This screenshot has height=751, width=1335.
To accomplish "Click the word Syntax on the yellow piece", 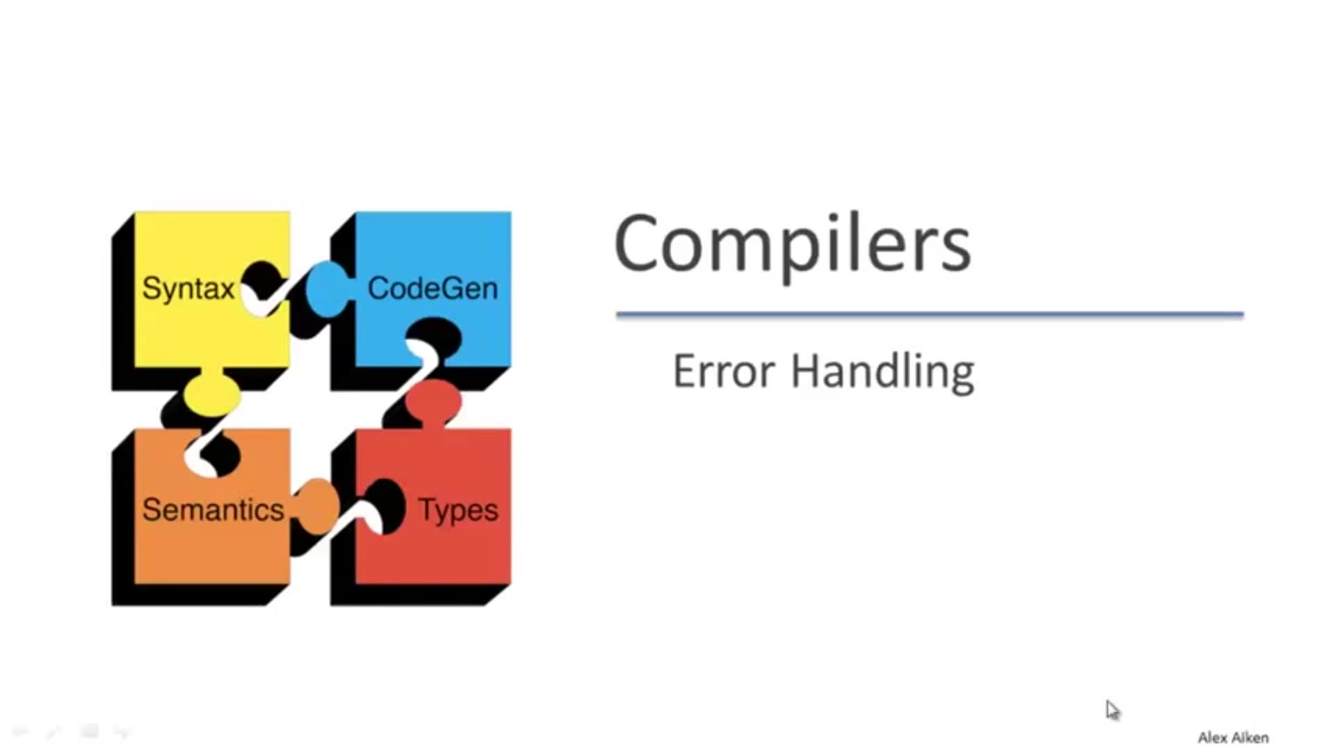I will (x=188, y=289).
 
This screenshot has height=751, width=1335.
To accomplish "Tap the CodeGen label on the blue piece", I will (x=432, y=289).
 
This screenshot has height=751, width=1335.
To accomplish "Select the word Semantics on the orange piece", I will (x=213, y=510).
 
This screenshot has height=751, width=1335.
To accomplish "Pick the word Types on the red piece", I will (x=458, y=510).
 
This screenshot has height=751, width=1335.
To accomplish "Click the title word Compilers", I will (x=792, y=245).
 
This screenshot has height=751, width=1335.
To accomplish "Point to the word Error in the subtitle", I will (x=724, y=371).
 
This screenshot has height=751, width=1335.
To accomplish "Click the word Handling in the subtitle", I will (x=883, y=371).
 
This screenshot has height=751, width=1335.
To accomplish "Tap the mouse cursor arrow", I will (x=1112, y=709).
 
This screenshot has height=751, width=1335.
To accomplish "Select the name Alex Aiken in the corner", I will (x=1233, y=738).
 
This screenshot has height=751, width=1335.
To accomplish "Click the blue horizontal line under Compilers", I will (x=929, y=315).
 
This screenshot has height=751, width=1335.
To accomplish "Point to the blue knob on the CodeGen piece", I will (x=325, y=289).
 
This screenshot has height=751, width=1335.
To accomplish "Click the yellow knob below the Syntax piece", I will (x=212, y=394).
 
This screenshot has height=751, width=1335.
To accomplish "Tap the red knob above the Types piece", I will (x=433, y=402).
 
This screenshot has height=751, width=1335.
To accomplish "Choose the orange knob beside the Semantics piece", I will (x=317, y=506).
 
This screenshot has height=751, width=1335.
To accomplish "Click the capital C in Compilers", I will (x=635, y=243).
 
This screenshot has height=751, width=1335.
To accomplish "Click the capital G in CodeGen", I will (x=453, y=289).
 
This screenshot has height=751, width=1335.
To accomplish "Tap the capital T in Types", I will (x=427, y=509).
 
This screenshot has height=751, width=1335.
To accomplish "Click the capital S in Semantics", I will (x=151, y=510).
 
